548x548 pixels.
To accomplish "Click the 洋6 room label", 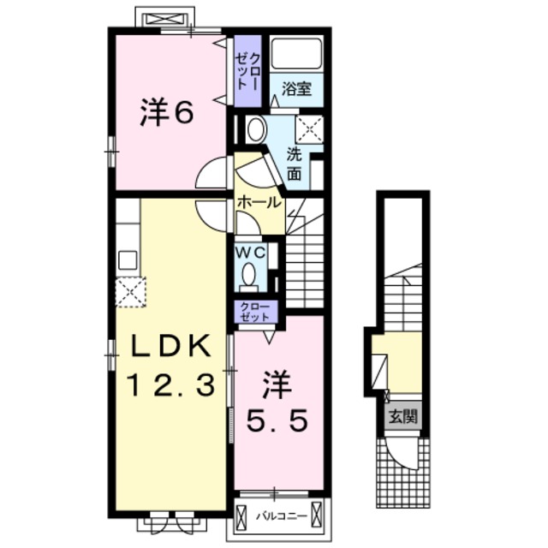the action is pos(167,111).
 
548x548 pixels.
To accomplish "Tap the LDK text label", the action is pos(171,346).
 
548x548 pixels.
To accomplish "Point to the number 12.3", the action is pos(171,384).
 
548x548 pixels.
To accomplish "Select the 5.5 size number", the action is pos(277,420).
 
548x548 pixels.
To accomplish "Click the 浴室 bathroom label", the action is pos(296,89).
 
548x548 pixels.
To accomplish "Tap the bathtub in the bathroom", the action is pos(296,53).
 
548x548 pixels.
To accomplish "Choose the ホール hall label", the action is pos(259,202).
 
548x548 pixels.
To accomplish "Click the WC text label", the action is pos(251,253).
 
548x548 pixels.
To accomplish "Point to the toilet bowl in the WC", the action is pos(249,274).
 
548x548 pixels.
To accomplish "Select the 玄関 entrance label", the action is pos(403,417).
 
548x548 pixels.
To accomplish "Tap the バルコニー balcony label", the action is pos(282,515).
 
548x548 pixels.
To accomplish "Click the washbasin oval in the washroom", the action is pos(257,129).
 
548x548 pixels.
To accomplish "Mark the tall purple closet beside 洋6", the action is pos(247,71).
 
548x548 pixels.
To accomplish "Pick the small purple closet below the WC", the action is pos(256,312).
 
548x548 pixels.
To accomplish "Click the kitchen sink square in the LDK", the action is pos(128,260).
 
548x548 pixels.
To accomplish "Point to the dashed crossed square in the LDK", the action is pos(130,292).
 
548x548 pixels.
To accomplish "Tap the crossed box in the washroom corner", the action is pos(309,129).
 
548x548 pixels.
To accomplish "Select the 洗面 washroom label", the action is pos(295,164).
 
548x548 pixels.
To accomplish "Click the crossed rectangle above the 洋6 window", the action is pos(164,19).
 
